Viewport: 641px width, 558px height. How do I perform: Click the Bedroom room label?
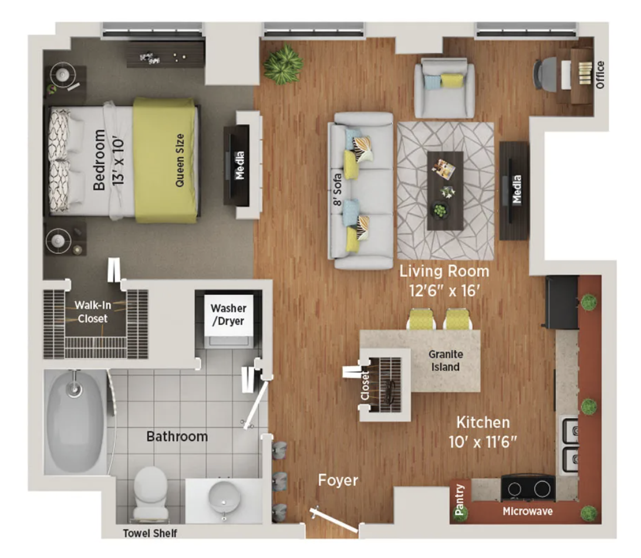[99, 160]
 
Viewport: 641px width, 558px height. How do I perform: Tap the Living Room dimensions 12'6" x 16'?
[444, 291]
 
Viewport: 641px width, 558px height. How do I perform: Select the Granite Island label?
[446, 361]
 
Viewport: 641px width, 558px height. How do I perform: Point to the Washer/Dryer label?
[228, 315]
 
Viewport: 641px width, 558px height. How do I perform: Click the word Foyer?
[338, 480]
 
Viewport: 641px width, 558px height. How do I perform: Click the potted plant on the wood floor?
[284, 64]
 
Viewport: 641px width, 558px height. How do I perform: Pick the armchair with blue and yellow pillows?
[445, 88]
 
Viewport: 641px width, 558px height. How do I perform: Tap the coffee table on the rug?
[445, 191]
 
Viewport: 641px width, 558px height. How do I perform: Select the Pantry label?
[460, 499]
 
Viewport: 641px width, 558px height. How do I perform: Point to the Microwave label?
[527, 511]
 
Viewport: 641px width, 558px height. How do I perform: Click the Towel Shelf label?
[150, 533]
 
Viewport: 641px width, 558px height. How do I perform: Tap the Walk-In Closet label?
[93, 312]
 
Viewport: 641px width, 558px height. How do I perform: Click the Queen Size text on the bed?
[180, 160]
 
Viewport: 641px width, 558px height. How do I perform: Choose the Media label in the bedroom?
[239, 165]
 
